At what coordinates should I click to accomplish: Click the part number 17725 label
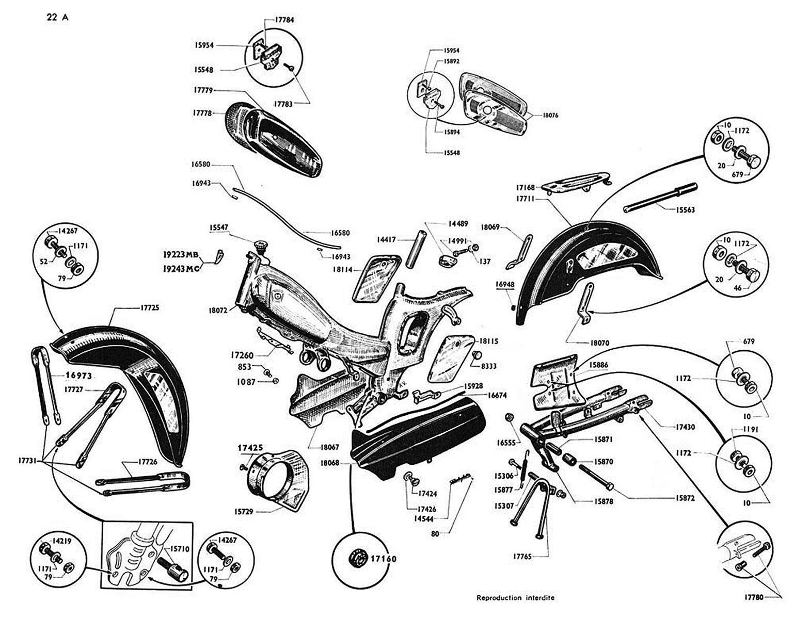pos(150,308)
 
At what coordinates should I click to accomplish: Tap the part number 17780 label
pos(755,598)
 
